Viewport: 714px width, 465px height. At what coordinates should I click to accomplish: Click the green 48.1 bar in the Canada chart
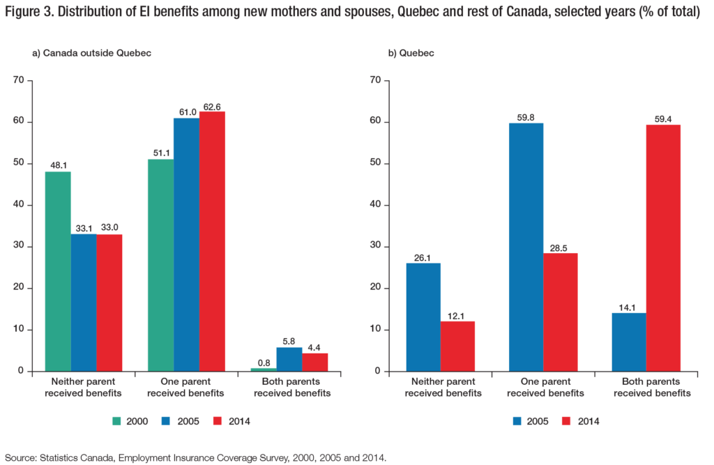(x=58, y=271)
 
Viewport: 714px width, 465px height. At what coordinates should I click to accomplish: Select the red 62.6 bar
(x=212, y=241)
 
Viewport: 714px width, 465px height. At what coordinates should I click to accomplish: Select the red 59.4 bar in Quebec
(x=663, y=247)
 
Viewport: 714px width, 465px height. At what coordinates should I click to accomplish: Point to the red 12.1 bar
(x=458, y=346)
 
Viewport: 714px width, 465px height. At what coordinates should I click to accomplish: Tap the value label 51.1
(x=160, y=153)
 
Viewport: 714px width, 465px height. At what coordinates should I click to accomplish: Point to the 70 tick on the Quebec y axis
(x=375, y=81)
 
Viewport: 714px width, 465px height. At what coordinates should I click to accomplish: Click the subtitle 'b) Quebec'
(x=409, y=54)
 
